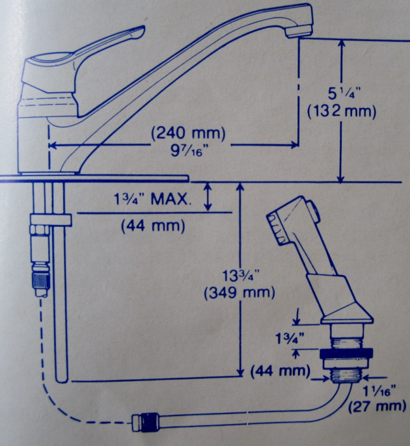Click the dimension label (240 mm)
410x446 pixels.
pos(187,133)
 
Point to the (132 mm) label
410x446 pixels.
pos(342,111)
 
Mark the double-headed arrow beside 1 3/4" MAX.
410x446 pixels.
pos(208,196)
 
